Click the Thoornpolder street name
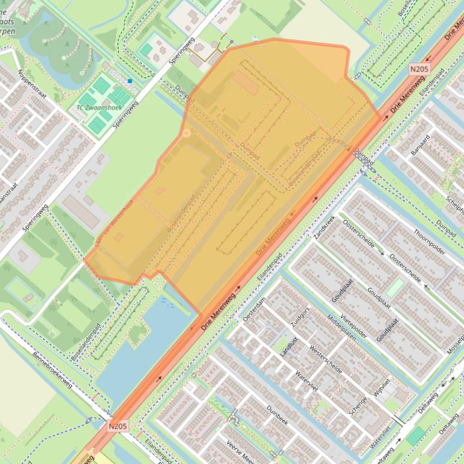428,242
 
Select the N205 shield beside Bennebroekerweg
118,426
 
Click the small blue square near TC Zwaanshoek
130,81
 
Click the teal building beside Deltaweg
415,436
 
